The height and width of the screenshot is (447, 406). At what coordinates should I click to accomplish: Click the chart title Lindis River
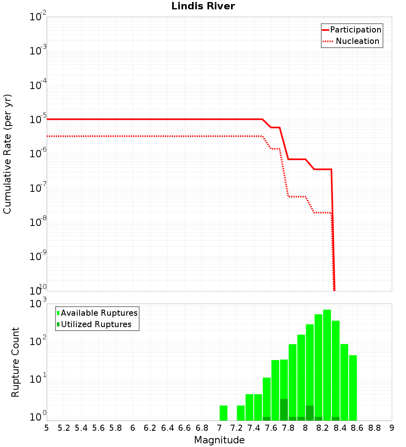(x=203, y=7)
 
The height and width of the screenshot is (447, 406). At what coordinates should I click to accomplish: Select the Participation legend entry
(x=355, y=30)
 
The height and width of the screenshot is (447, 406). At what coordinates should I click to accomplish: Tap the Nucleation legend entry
(x=357, y=41)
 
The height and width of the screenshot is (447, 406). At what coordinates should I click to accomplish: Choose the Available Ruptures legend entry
(x=99, y=313)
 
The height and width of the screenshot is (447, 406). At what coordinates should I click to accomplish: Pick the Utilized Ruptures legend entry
(x=96, y=324)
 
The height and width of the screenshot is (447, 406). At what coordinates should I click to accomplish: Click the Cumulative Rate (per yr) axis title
(x=7, y=154)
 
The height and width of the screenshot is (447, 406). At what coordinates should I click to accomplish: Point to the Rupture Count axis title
(x=15, y=362)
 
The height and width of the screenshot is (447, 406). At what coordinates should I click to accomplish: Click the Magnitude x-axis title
(x=219, y=440)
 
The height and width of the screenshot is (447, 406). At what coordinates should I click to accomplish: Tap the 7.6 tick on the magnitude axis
(x=271, y=427)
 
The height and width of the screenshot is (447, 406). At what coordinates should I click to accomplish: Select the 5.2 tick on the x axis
(x=64, y=427)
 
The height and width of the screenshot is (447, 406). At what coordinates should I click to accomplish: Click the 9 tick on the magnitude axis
(x=391, y=427)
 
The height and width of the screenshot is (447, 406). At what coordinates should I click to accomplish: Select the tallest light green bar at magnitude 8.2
(x=327, y=366)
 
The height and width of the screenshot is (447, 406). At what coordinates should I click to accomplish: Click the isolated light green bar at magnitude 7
(x=223, y=413)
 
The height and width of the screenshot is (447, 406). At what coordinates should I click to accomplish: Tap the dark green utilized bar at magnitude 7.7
(x=284, y=410)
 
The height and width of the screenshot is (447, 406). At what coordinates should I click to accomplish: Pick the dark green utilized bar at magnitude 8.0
(x=310, y=413)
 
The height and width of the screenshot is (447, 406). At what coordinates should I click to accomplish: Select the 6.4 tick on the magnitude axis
(x=167, y=427)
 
